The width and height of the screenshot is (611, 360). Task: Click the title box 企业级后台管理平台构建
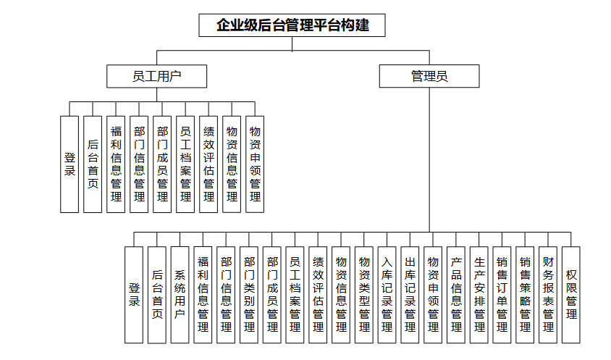292,25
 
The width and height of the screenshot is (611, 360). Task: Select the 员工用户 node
156,76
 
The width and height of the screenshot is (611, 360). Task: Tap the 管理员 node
429,76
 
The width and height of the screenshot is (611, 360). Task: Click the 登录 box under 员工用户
69,164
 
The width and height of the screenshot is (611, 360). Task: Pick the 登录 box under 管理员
134,294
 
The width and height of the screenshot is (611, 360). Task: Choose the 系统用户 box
180,294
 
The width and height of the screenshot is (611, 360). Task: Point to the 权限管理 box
571,294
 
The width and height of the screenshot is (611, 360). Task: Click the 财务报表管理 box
548,294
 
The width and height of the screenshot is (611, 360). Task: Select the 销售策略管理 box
525,294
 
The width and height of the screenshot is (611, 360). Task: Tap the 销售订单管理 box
502,294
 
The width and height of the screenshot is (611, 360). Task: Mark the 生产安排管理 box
479,294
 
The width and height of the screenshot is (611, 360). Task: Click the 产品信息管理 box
455,294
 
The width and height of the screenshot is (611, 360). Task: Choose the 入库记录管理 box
387,294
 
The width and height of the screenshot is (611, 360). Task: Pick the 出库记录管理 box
410,294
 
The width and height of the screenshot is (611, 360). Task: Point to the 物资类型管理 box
364,294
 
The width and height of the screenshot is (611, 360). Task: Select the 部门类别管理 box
249,294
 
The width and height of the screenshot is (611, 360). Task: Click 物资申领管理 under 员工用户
255,164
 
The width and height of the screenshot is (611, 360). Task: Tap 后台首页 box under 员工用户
93,164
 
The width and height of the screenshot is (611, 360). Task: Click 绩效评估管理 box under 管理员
318,294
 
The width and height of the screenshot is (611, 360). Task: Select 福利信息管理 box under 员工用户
116,164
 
